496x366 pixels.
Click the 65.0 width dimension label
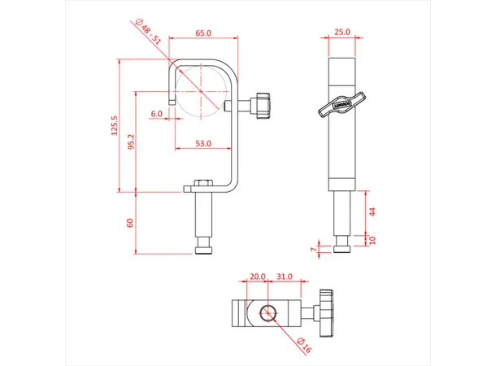tap(203, 33)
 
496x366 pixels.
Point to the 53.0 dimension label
tap(203, 143)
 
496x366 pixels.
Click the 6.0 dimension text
tap(156, 114)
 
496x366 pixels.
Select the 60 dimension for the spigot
tap(129, 223)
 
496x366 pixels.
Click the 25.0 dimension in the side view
tap(342, 33)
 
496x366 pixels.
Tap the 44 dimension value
tap(373, 211)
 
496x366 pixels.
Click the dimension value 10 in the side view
tap(373, 240)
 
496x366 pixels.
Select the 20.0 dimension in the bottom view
tap(257, 277)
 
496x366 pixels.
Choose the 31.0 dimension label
tap(284, 277)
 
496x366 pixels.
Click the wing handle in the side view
tap(333, 107)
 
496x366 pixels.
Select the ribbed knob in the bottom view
tap(327, 312)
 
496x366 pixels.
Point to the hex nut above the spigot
tap(204, 182)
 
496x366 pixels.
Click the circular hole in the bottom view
tap(267, 311)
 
